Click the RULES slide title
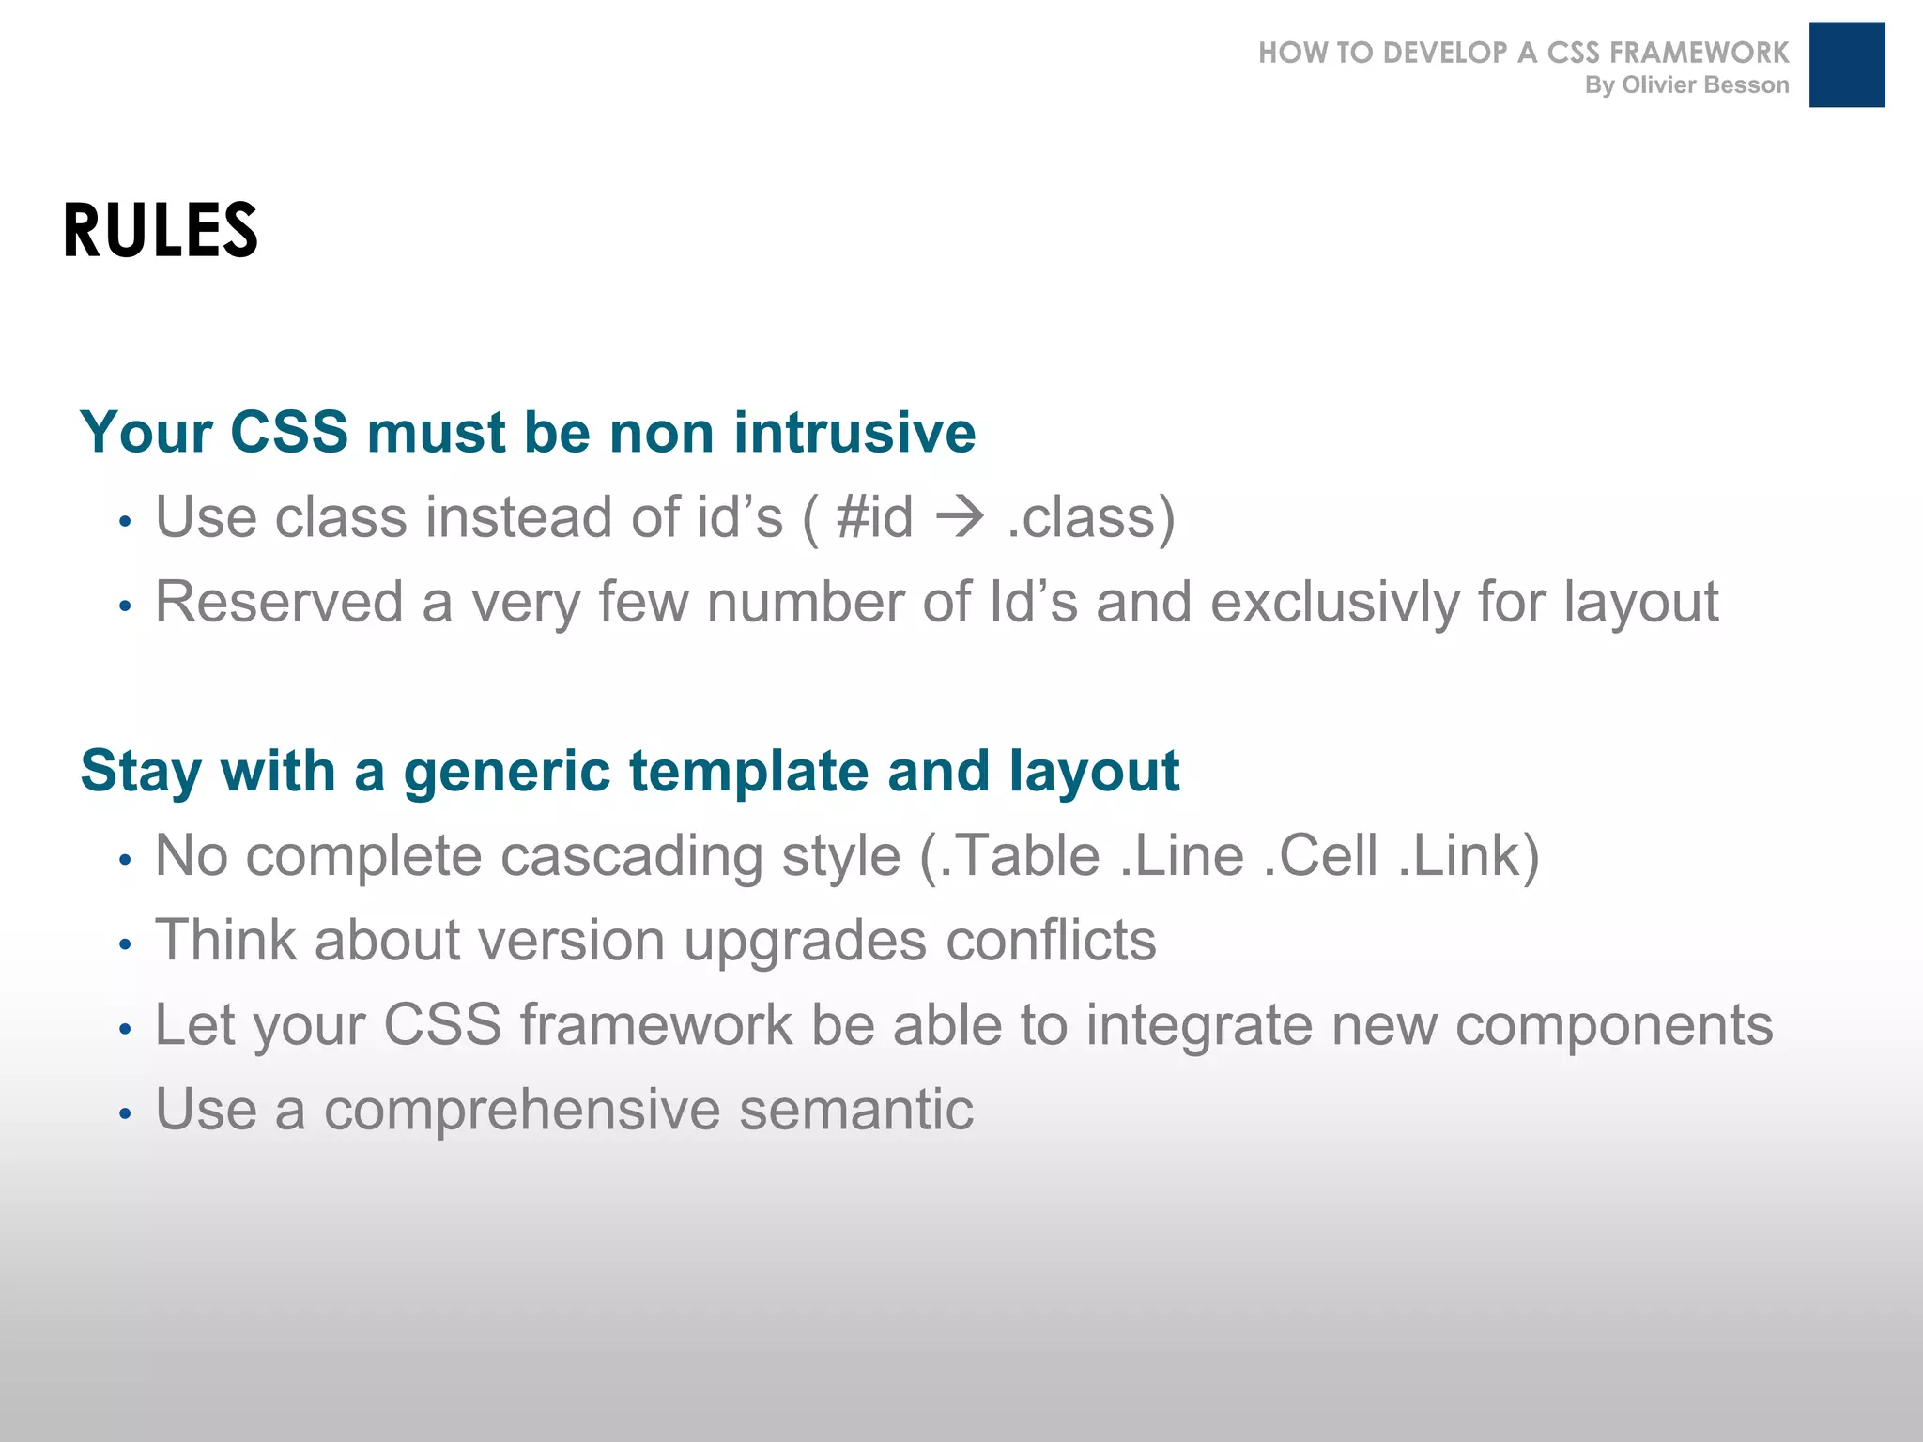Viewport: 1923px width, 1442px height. [161, 230]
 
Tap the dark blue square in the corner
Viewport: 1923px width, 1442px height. [1846, 65]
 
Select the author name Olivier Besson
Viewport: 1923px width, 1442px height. [1705, 85]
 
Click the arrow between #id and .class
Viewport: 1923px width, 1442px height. [960, 517]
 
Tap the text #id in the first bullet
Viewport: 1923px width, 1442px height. [874, 517]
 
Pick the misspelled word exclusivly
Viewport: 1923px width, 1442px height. [1334, 602]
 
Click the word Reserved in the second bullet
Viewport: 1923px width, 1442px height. [279, 602]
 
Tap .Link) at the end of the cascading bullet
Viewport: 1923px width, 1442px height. [1469, 855]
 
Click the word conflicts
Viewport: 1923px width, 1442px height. [1051, 941]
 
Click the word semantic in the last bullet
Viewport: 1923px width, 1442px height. [855, 1110]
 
